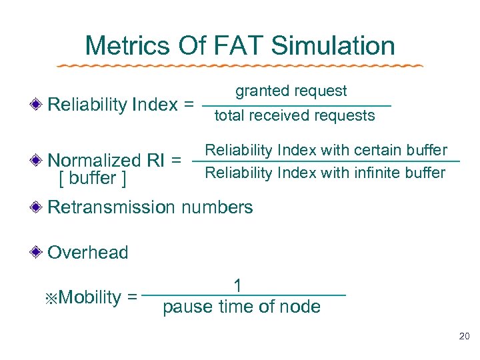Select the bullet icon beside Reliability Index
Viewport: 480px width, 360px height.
pyautogui.click(x=40, y=105)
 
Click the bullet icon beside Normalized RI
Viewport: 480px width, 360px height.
pyautogui.click(x=40, y=160)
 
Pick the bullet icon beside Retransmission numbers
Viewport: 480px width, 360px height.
pyautogui.click(x=40, y=207)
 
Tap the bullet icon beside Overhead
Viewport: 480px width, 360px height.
pyautogui.click(x=40, y=253)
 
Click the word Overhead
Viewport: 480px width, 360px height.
pyautogui.click(x=88, y=253)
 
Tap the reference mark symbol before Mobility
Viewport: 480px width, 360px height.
pyautogui.click(x=52, y=297)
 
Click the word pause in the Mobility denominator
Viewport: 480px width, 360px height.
pyautogui.click(x=183, y=307)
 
